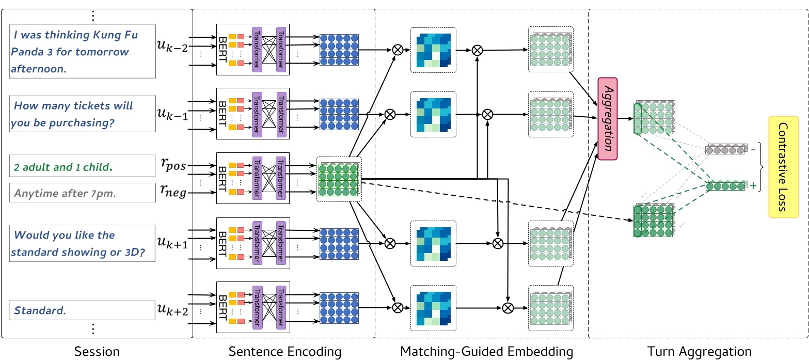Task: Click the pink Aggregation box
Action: click(607, 119)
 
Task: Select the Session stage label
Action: click(97, 352)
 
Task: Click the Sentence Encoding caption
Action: click(285, 352)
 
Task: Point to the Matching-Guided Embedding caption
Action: click(486, 352)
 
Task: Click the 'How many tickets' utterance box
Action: click(82, 115)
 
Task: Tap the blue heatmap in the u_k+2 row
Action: click(434, 308)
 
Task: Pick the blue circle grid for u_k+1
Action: click(339, 243)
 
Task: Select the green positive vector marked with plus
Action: click(726, 186)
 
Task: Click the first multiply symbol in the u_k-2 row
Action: click(398, 50)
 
